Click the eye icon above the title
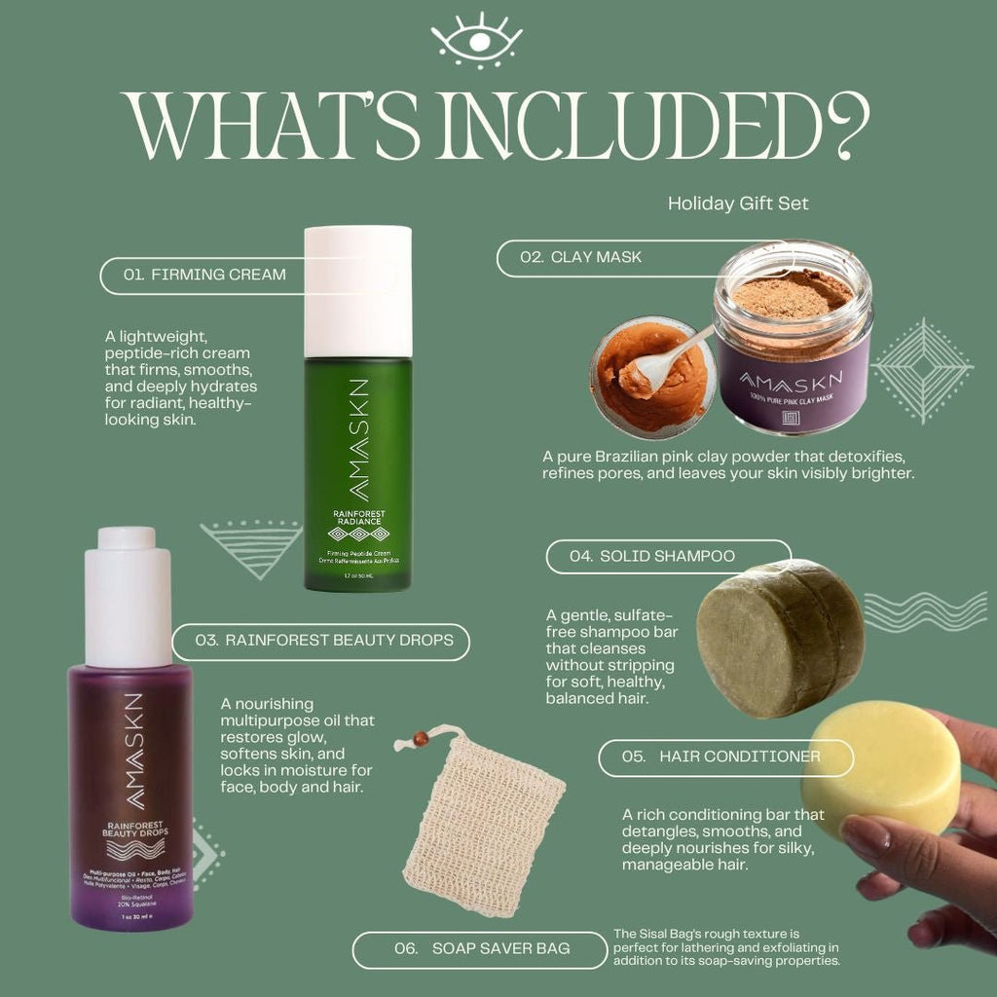coord(476,39)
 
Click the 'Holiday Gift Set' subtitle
coord(738,203)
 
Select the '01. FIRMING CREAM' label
coord(205,275)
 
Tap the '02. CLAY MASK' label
coord(581,257)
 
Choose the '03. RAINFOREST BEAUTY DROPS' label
coord(324,640)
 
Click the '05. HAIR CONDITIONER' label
coord(725,757)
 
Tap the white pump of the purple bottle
coord(128,596)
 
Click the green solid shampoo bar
coord(779,638)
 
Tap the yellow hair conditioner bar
coord(881,769)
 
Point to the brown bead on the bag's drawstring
coord(420,740)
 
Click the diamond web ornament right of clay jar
coord(921,371)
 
